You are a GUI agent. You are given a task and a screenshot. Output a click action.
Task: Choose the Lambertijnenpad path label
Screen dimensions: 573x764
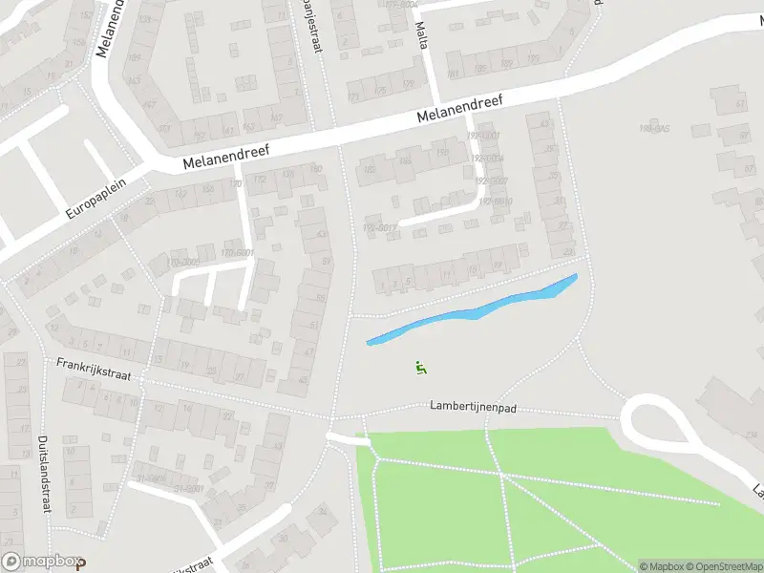coord(473,407)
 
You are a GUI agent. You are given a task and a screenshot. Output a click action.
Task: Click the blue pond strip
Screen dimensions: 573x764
coord(473,310)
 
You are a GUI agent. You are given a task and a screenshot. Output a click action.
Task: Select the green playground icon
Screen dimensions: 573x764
coord(421,367)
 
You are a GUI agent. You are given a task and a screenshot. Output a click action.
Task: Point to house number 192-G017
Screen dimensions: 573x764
coord(379,227)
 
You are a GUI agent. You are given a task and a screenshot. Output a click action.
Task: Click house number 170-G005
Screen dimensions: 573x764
coord(184,261)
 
